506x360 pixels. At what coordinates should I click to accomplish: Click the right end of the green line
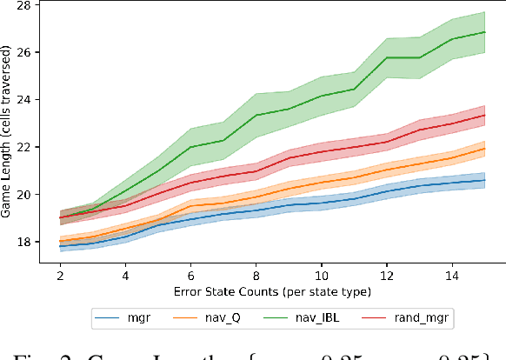(485, 32)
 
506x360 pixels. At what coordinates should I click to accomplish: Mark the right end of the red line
(485, 115)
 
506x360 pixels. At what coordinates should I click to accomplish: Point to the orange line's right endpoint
(485, 149)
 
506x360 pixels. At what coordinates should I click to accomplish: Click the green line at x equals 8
(256, 116)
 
